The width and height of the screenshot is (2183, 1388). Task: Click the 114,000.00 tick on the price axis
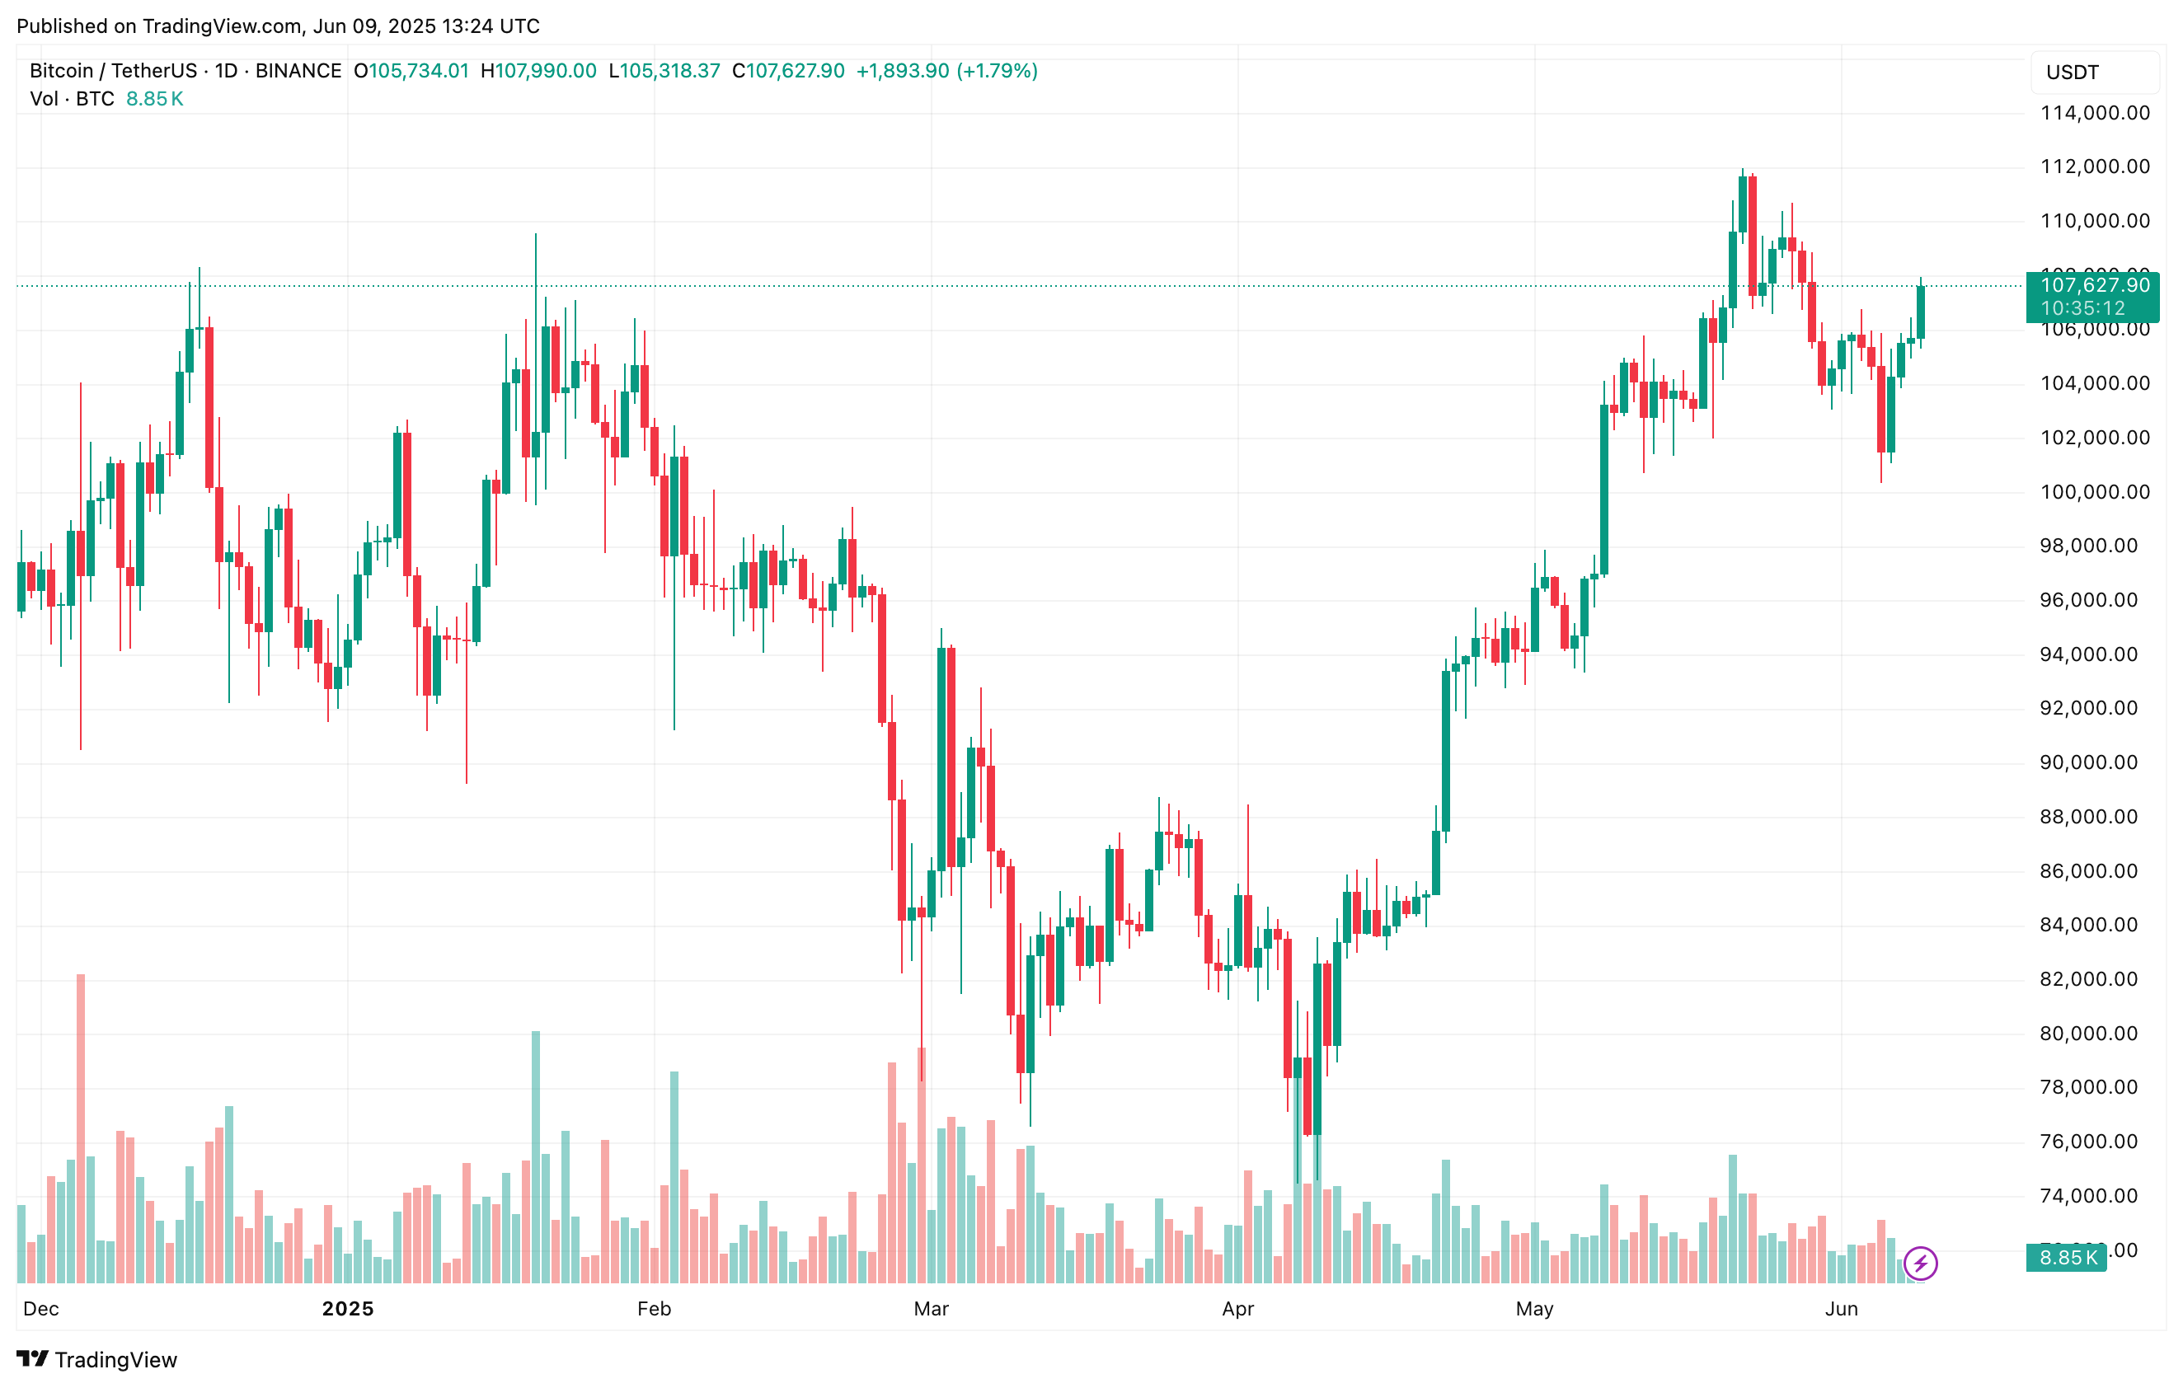[x=2094, y=113]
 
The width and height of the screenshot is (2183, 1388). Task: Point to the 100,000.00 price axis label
[x=2094, y=492]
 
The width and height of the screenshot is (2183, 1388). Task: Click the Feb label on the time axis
[x=654, y=1308]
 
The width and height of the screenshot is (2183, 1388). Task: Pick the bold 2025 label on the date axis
[x=348, y=1308]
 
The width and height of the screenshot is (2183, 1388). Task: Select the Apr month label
[x=1237, y=1308]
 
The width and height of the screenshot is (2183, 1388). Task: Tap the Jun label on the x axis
[x=1841, y=1308]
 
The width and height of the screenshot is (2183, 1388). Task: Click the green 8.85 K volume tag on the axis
[x=2067, y=1258]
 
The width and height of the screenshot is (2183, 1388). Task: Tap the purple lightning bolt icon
[x=1921, y=1263]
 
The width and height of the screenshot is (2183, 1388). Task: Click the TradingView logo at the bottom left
[x=97, y=1359]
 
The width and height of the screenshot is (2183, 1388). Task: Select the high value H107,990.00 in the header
[x=538, y=71]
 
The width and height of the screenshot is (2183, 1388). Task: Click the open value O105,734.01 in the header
[x=411, y=71]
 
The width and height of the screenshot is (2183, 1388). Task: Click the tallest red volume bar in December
[x=81, y=1128]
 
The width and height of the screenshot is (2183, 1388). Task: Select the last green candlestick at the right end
[x=1920, y=312]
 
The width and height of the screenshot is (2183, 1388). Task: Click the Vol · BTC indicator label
[x=73, y=99]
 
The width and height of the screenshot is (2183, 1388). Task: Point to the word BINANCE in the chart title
[x=298, y=71]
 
